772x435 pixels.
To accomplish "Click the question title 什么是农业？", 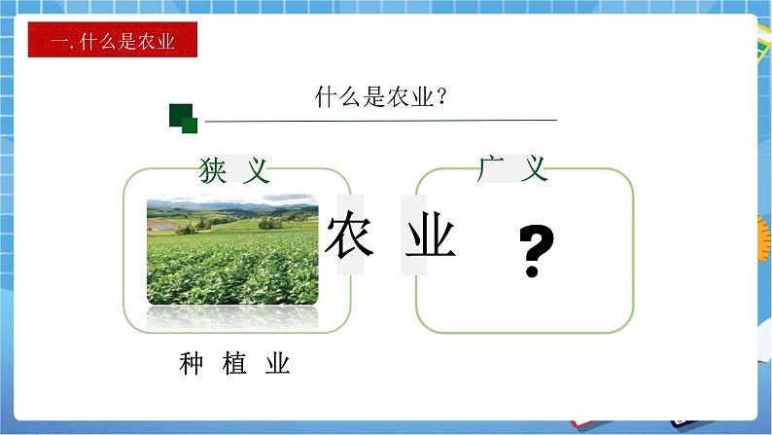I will (x=380, y=97).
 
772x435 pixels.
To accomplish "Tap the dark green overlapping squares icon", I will (x=183, y=118).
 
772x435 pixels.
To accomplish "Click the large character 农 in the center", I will (x=349, y=236).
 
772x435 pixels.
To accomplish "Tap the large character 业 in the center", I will (x=430, y=236).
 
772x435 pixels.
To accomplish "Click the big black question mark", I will (x=536, y=252).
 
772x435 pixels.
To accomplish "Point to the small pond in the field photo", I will (x=161, y=226).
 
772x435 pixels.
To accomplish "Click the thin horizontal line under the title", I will (x=379, y=120).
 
